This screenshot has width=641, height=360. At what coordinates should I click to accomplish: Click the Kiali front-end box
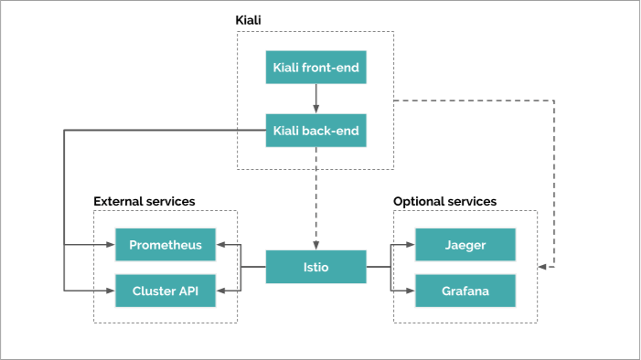(315, 69)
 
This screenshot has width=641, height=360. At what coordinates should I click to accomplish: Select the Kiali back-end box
(315, 131)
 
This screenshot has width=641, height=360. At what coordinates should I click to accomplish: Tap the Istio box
(315, 267)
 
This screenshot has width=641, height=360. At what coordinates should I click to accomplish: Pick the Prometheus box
(166, 245)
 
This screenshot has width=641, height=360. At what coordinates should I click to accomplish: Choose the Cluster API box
(166, 291)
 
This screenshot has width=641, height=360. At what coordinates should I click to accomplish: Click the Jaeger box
(465, 245)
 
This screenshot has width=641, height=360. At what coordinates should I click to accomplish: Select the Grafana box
(465, 291)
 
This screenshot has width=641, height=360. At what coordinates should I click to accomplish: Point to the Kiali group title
(250, 19)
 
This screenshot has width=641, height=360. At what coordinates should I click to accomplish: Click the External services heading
(144, 200)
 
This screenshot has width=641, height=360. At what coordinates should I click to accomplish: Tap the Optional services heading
(444, 200)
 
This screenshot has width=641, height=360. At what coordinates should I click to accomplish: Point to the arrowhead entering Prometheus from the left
(111, 245)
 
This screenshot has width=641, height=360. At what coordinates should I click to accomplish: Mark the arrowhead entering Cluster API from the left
(111, 291)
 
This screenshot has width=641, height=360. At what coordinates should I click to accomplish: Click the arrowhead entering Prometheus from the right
(220, 245)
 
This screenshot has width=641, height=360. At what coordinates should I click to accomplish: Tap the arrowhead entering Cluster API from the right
(220, 291)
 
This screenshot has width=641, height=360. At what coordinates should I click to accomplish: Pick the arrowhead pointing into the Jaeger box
(411, 245)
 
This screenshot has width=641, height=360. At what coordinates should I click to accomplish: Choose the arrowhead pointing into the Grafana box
(411, 291)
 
